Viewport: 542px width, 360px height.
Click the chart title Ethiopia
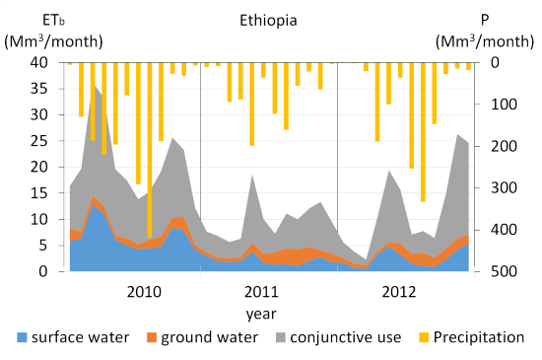click(268, 21)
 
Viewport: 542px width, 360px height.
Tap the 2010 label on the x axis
click(144, 292)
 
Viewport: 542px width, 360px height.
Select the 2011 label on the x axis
click(261, 292)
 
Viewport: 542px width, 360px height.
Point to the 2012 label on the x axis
click(398, 292)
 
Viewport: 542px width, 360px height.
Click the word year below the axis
click(261, 314)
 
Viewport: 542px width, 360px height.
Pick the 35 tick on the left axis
click(39, 89)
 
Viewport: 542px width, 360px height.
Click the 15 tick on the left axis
click(39, 193)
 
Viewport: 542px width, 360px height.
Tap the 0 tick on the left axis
click(43, 271)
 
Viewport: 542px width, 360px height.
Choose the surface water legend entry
click(73, 337)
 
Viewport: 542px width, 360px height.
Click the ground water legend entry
click(203, 337)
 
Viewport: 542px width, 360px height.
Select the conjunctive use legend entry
click(338, 337)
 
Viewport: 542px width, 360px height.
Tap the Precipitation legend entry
click(471, 337)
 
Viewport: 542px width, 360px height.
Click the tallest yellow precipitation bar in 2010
click(150, 150)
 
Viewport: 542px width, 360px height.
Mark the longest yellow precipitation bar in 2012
click(423, 132)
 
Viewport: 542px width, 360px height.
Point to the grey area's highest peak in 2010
click(94, 86)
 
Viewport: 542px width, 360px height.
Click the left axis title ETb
click(53, 21)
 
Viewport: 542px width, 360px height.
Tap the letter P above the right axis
click(485, 21)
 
